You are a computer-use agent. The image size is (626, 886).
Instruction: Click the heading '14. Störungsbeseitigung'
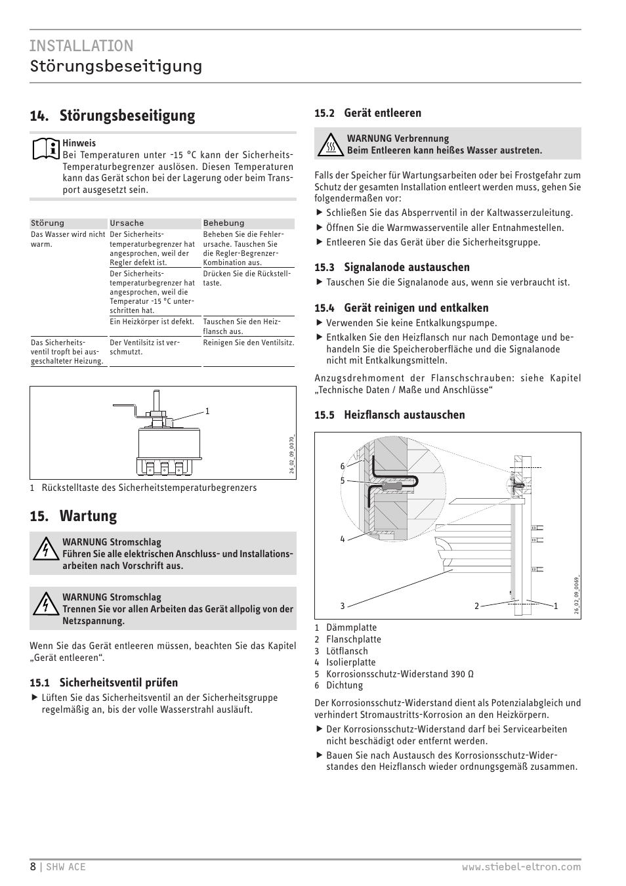pyautogui.click(x=112, y=116)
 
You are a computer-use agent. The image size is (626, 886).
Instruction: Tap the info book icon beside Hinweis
pyautogui.click(x=45, y=149)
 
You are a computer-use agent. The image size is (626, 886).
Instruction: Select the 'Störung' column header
pyautogui.click(x=48, y=223)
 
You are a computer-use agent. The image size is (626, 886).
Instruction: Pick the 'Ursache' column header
pyautogui.click(x=127, y=223)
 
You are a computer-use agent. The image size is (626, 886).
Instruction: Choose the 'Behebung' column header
pyautogui.click(x=224, y=223)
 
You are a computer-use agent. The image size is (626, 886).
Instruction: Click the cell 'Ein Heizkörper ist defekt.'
pyautogui.click(x=152, y=322)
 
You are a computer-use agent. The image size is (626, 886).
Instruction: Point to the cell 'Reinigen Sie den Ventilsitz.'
pyautogui.click(x=248, y=343)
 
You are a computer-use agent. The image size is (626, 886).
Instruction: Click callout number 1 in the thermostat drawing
pyautogui.click(x=207, y=411)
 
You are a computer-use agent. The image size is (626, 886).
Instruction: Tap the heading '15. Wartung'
pyautogui.click(x=73, y=516)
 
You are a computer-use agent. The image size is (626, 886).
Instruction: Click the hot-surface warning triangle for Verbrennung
pyautogui.click(x=331, y=145)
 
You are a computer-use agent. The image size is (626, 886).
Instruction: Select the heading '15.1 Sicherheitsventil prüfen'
pyautogui.click(x=104, y=683)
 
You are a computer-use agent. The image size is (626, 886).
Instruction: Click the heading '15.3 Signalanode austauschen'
pyautogui.click(x=392, y=267)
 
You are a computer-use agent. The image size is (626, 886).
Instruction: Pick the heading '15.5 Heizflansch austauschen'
pyautogui.click(x=389, y=415)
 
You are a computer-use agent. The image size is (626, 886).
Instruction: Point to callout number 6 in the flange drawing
pyautogui.click(x=342, y=466)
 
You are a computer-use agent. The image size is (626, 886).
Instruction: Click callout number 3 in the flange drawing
pyautogui.click(x=342, y=606)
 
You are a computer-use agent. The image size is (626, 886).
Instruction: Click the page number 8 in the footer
pyautogui.click(x=33, y=866)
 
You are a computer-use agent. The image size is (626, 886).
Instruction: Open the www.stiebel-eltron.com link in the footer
pyautogui.click(x=521, y=867)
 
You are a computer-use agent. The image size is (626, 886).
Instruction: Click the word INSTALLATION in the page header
pyautogui.click(x=81, y=45)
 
